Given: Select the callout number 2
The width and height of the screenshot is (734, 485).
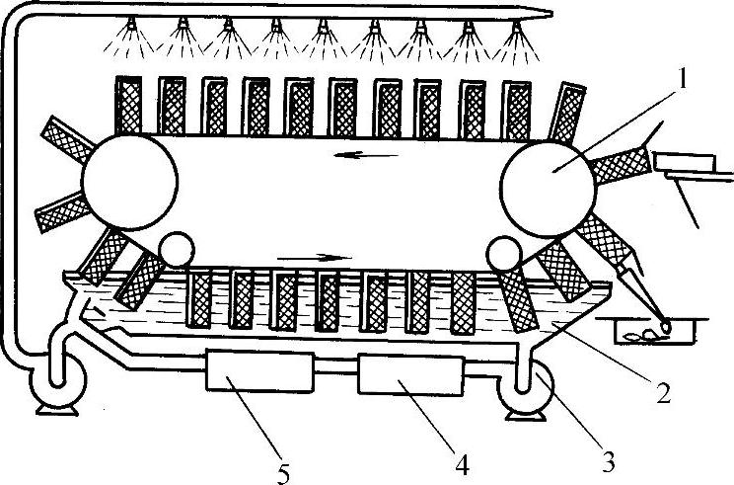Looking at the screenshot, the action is click(664, 393).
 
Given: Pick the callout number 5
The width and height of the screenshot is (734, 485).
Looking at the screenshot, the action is click(283, 472).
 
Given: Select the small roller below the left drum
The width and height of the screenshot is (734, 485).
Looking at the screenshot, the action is click(178, 249).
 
